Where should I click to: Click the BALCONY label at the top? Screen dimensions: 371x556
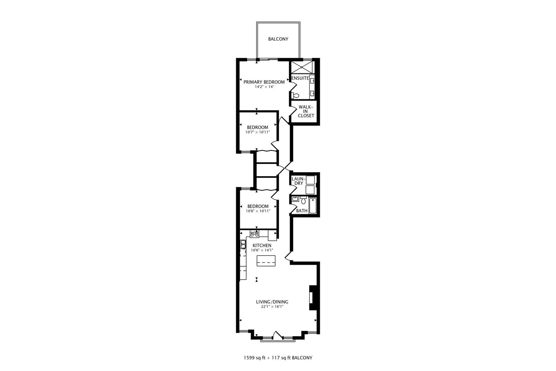278,39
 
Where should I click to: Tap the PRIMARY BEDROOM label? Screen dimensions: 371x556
264,82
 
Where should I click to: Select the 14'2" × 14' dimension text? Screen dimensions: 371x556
264,87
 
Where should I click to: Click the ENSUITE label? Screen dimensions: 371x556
300,78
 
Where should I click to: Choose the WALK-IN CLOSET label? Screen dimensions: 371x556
305,111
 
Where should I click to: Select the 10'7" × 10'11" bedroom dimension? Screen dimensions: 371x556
257,132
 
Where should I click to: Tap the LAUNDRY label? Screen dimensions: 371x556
297,181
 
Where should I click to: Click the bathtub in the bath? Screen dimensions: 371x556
312,206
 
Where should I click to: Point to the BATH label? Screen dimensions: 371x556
302,211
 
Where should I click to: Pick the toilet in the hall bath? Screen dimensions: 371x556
303,200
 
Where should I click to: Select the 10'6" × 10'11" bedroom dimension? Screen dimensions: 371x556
258,211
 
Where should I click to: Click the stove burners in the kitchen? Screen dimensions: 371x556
254,234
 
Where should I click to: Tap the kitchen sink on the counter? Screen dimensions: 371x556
243,244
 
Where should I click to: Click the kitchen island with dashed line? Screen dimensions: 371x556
266,261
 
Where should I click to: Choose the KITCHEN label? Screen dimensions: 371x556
262,246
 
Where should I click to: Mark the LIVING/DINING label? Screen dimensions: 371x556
272,302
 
